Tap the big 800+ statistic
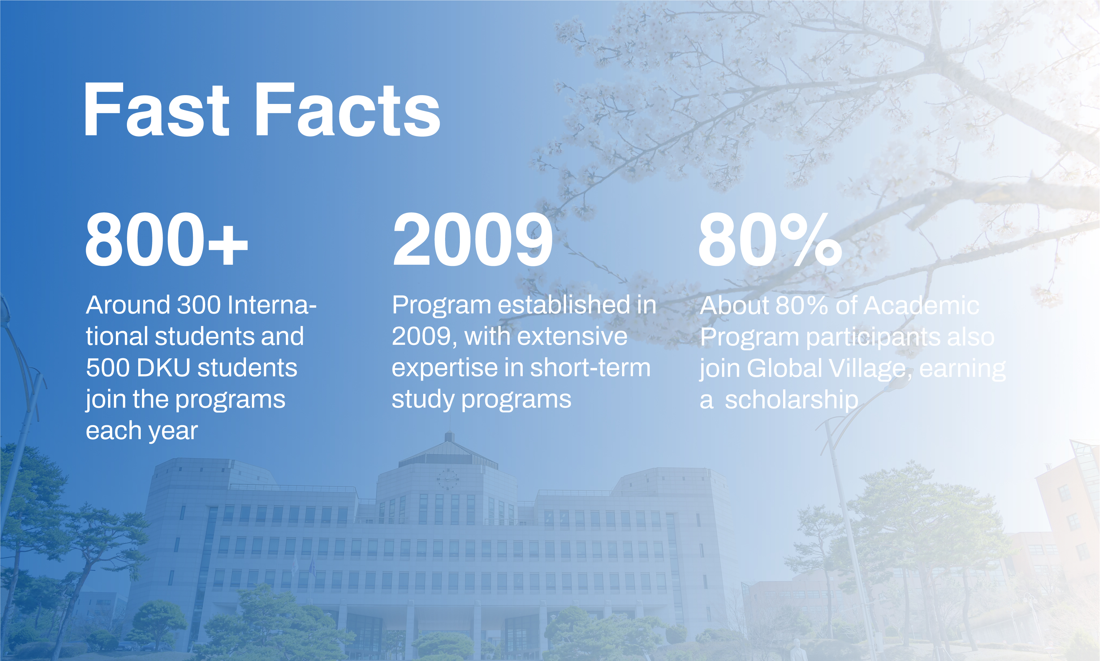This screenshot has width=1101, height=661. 166,240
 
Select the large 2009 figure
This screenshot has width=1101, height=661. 472,240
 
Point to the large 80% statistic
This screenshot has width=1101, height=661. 770,240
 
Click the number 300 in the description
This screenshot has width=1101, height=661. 199,305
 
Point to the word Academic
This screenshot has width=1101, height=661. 922,306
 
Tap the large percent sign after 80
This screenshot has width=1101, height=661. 811,240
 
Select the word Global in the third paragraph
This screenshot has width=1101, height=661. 784,368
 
